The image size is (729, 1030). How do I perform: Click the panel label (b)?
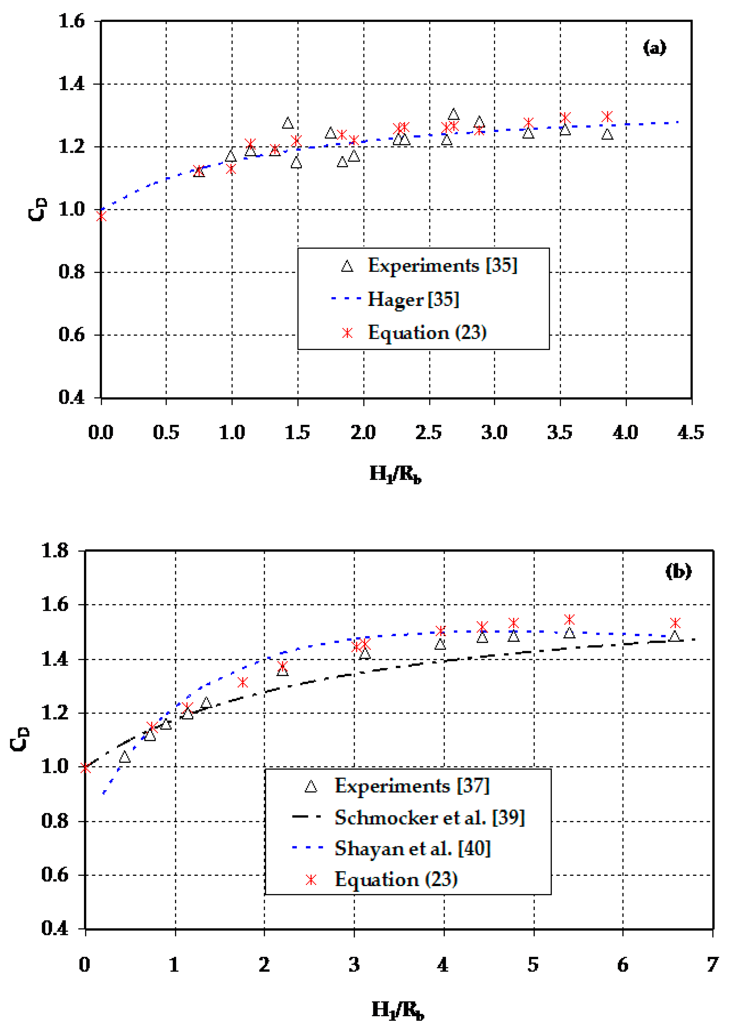(x=678, y=571)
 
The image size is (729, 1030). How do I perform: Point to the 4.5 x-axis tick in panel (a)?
(x=690, y=432)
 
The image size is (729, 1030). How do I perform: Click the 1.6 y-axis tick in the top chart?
(x=72, y=21)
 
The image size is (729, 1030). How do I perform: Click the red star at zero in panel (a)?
(x=102, y=216)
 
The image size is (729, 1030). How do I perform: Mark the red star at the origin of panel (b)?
(x=85, y=768)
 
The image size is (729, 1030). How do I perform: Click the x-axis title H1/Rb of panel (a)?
(x=395, y=474)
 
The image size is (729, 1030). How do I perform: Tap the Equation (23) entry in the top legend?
(x=427, y=333)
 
